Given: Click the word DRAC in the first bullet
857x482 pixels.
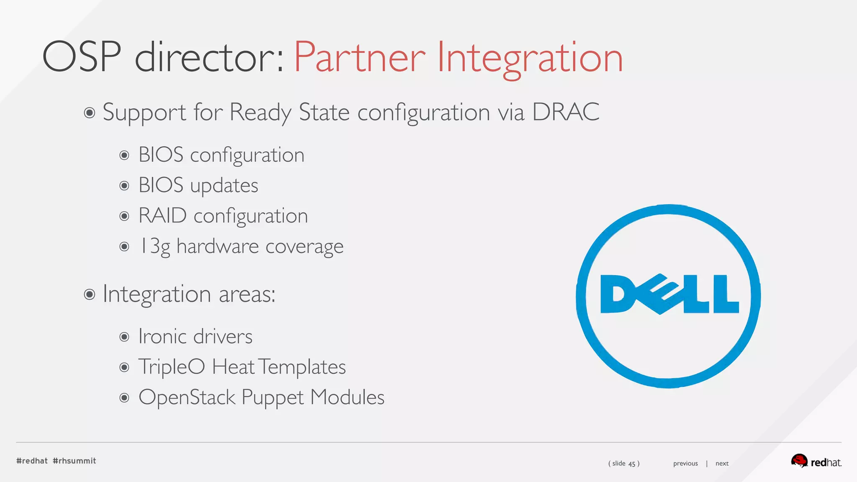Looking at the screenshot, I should point(565,112).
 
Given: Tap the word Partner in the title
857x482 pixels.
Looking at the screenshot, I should point(359,58).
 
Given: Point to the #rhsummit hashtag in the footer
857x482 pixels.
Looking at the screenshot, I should point(74,461).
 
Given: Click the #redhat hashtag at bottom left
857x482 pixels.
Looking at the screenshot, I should point(32,461).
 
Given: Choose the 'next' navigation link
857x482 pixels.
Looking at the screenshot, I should point(722,463).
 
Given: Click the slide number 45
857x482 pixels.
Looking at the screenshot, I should point(632,464).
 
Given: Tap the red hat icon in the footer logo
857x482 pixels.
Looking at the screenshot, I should point(799,461).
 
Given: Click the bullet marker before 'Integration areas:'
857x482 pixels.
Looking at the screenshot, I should point(89,294).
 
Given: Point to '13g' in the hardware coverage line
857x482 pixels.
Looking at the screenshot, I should point(154,246).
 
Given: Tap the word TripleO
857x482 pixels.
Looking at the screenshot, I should point(172,367).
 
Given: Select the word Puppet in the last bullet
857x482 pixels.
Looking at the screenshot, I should point(272,397).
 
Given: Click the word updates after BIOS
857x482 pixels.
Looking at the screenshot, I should point(224,185).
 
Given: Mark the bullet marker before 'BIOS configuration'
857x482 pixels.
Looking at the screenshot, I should point(124,155).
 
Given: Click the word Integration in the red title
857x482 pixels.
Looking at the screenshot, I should point(530,58).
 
